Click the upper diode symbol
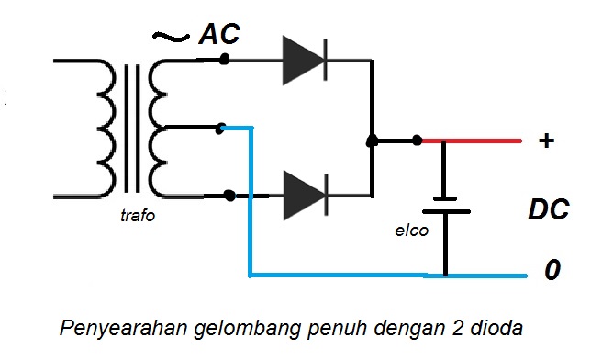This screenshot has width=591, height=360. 303,61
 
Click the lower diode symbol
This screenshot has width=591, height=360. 303,195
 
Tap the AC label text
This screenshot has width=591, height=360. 220,35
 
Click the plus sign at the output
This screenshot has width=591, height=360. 547,141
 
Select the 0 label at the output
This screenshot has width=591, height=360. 552,272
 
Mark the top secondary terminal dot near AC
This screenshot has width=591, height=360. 224,61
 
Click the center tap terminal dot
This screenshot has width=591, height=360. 220,129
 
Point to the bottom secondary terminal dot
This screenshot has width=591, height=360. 229,195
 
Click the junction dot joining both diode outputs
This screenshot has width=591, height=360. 372,141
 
